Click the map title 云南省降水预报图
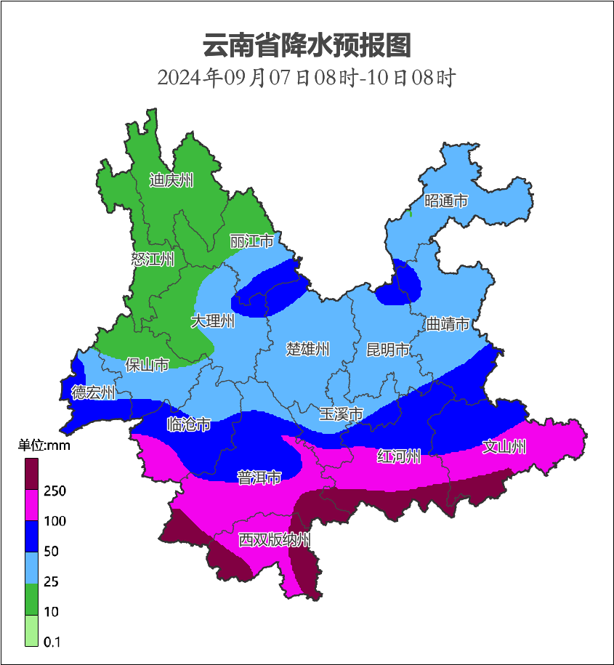[x=307, y=45]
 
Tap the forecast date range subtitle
[x=307, y=77]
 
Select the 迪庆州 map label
[x=171, y=180]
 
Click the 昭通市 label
[x=446, y=201]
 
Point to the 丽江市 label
[x=251, y=241]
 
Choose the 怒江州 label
[x=153, y=259]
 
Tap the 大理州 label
[x=213, y=321]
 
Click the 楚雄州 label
[x=307, y=350]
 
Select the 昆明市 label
[x=387, y=350]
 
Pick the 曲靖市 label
[x=447, y=324]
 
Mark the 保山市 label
[x=147, y=364]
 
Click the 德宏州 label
[x=93, y=392]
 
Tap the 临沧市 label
[x=189, y=424]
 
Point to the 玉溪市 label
[x=342, y=414]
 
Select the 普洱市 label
[x=259, y=477]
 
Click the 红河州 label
[x=399, y=456]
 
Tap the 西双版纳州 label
[x=275, y=540]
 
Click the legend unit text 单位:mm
[x=44, y=446]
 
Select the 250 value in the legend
[x=54, y=491]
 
